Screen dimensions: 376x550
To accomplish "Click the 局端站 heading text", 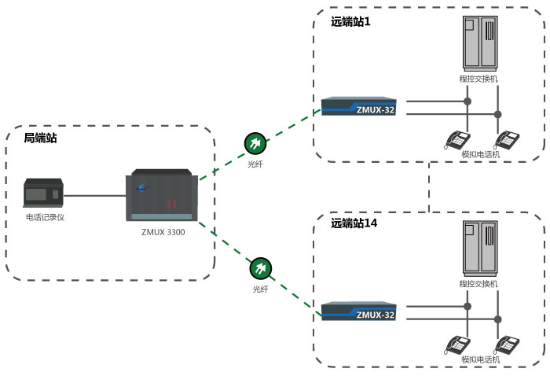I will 40,138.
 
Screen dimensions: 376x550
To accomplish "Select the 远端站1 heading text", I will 350,21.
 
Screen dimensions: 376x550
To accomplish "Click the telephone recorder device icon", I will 43,192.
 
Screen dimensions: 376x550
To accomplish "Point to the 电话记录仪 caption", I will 45,216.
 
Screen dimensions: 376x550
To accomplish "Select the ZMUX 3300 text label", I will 165,233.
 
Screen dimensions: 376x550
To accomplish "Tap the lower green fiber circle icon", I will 260,269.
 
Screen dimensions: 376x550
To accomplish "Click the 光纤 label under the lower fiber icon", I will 260,289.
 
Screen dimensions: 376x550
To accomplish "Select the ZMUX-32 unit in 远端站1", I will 358,106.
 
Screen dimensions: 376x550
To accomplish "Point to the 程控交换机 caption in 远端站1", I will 479,79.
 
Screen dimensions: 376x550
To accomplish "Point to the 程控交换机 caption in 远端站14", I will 479,283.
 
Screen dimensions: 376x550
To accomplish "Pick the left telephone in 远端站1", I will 456,140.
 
